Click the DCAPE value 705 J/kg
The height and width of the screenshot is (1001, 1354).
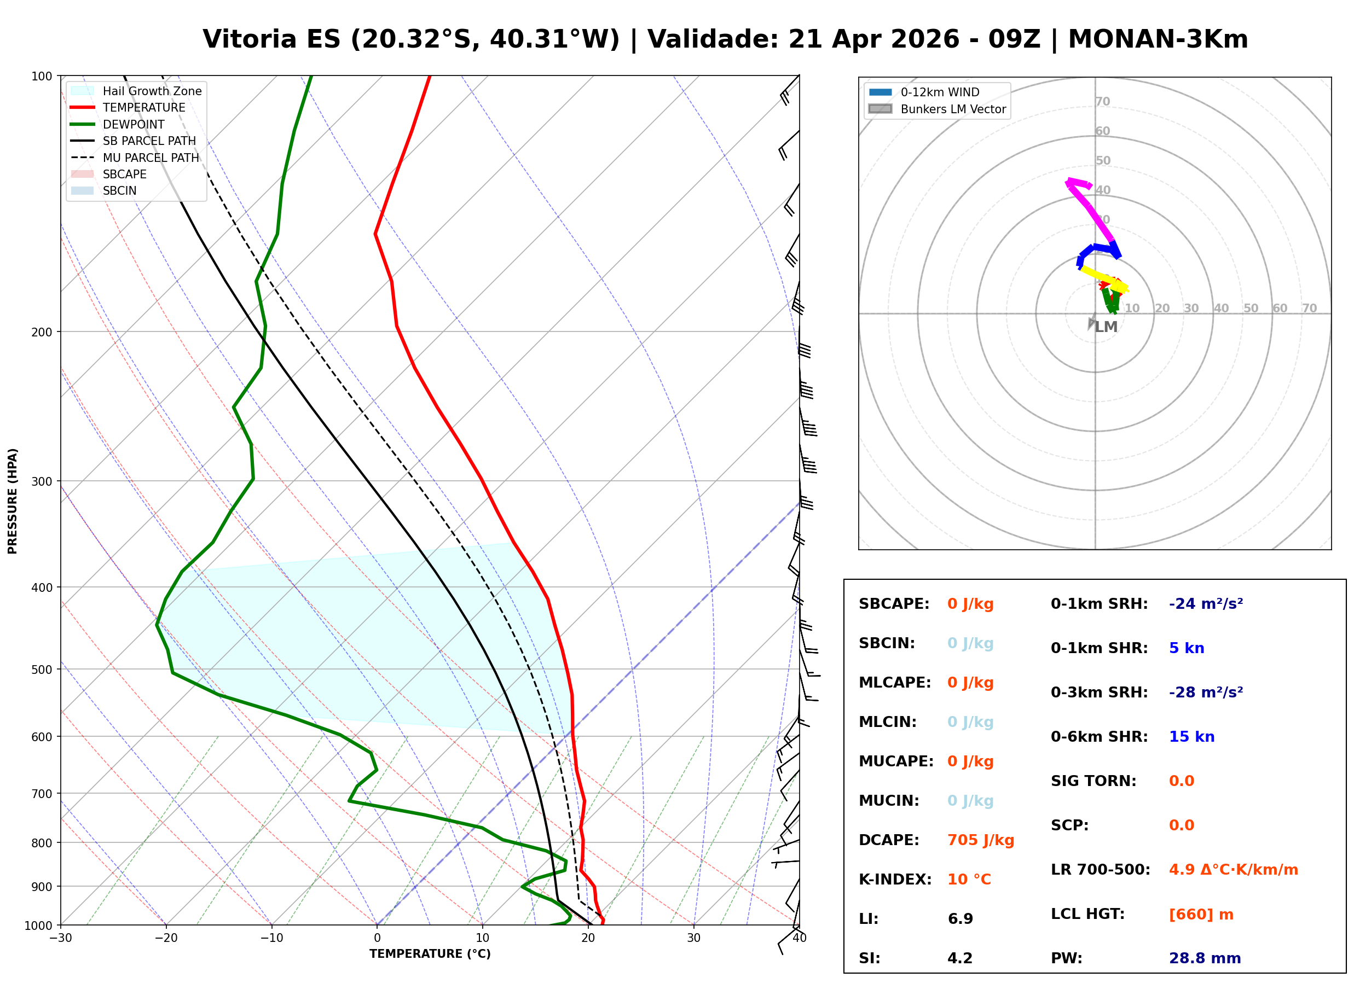(x=980, y=840)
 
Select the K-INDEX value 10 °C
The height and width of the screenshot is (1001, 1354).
(x=969, y=880)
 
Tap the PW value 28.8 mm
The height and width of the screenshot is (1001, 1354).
(x=1204, y=958)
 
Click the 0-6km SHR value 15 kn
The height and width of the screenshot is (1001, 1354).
(x=1191, y=737)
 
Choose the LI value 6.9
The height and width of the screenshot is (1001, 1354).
(x=960, y=919)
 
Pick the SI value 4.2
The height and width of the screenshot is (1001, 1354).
(x=959, y=958)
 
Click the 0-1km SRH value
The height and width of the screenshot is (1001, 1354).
(x=1206, y=604)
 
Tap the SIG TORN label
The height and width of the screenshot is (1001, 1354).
(x=1093, y=781)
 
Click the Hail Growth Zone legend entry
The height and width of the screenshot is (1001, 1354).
(x=152, y=91)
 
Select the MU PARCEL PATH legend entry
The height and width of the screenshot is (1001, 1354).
(x=151, y=158)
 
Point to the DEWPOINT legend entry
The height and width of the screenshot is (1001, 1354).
(x=134, y=124)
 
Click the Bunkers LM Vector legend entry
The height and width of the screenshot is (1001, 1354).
(x=953, y=109)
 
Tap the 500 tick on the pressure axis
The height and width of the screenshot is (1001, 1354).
(x=42, y=670)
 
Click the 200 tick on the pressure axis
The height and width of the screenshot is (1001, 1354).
(x=42, y=332)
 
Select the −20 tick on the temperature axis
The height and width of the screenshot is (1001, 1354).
(x=165, y=938)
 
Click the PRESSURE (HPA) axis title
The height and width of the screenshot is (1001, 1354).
(x=13, y=501)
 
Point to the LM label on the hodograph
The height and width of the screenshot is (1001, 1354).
(x=1106, y=327)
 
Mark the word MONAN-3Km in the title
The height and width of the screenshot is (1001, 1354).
(x=1158, y=39)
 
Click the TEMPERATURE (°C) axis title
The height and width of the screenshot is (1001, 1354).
(x=430, y=954)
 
